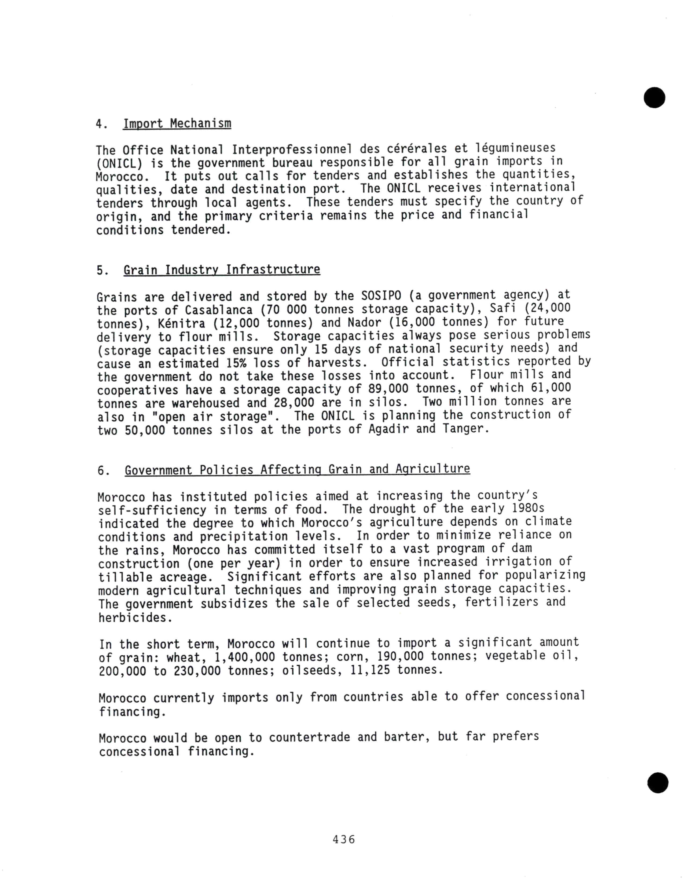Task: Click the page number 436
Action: [x=344, y=839]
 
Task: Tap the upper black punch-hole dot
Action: [x=654, y=97]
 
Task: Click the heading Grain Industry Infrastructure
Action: [x=222, y=269]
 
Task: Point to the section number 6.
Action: [x=103, y=471]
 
